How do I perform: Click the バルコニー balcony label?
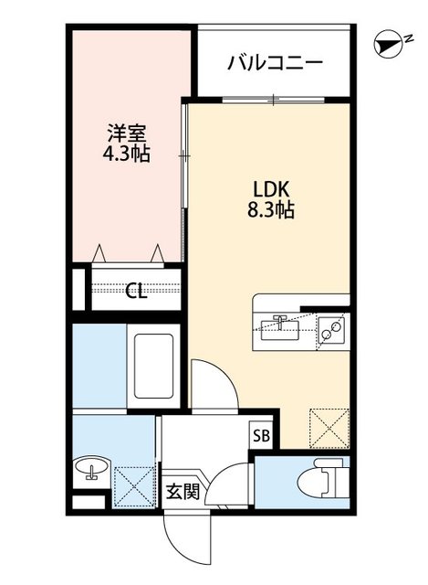[275, 63]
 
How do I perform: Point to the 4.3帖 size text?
[125, 154]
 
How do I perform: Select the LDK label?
[271, 188]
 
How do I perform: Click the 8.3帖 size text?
[271, 209]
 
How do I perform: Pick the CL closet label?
[136, 292]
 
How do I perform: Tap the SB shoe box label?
[260, 435]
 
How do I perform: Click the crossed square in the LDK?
[329, 426]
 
